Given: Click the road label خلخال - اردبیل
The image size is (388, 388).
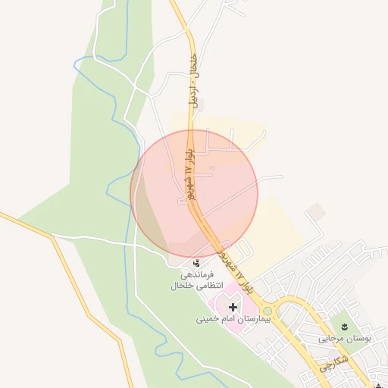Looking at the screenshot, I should click(x=196, y=80).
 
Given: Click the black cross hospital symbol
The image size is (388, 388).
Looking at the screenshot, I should click(x=233, y=308).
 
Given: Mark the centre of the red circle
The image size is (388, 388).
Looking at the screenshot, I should click(x=194, y=192).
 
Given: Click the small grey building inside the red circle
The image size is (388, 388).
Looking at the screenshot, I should click(x=212, y=167).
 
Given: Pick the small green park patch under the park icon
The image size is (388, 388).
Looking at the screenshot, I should click(x=345, y=318).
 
